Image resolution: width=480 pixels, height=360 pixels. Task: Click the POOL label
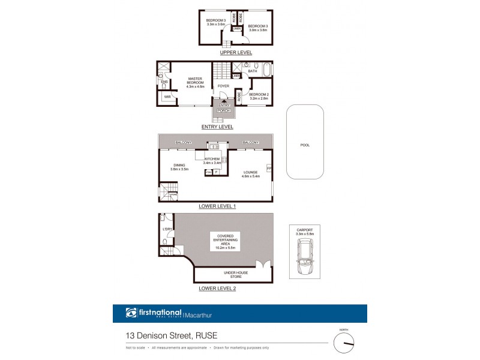coord(305,145)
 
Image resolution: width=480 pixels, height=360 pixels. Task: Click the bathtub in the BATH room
coord(266,68)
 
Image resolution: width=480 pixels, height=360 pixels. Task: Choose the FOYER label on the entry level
coord(223,86)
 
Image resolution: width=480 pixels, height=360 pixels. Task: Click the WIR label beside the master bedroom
coord(167,96)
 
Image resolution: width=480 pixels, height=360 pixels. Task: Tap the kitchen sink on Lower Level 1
coord(214,146)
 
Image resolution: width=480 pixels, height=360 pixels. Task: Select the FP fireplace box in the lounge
coord(269,167)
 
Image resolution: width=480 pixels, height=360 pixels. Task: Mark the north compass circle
coord(344,344)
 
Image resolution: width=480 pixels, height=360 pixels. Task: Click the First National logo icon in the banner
coord(131,313)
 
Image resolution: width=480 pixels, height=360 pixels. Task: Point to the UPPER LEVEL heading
coord(236,53)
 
